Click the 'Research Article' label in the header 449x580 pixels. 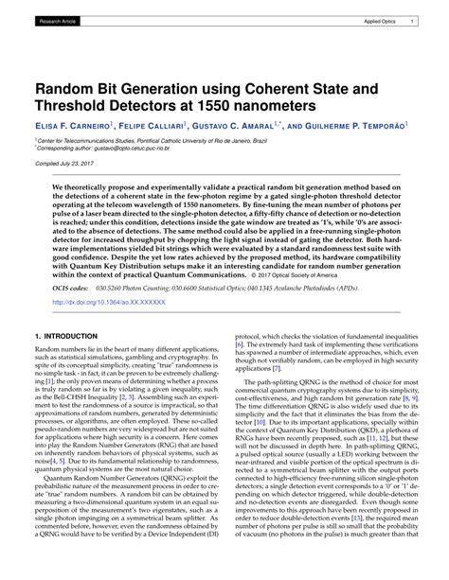(x=58, y=20)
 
